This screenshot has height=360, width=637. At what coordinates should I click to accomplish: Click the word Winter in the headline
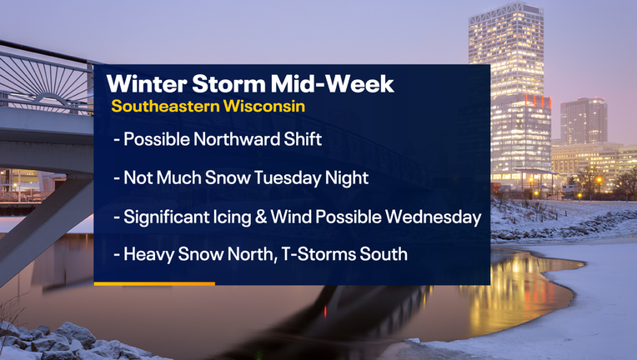pos(147,83)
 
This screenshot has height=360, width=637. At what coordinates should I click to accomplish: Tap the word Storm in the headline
pos(228,83)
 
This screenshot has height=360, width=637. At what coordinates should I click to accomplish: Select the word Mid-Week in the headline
pos(333,83)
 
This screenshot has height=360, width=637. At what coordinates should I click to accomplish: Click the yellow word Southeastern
pos(165,106)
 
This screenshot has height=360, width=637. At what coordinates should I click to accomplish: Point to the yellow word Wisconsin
pos(264,106)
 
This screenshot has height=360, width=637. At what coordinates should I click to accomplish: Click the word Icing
pos(232,217)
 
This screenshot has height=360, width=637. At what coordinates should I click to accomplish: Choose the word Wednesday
pos(433,217)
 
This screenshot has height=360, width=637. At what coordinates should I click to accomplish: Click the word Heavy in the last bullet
pos(148,254)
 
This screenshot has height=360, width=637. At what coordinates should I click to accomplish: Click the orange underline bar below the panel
pos(154,283)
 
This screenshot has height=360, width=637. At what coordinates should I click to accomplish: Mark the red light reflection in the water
pos(325,312)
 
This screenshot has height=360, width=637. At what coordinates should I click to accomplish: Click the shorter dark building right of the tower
pos(584,121)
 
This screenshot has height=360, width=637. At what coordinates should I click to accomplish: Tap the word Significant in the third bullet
pos(166,217)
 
